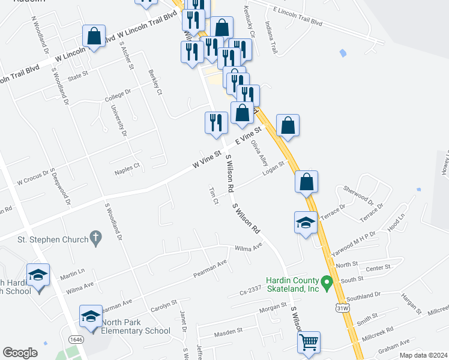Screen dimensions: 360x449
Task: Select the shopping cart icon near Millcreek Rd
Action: point(309,342)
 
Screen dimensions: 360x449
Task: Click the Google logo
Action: point(20,353)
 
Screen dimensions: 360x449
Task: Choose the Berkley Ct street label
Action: point(155,83)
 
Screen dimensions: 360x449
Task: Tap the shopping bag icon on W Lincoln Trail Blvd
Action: point(94,36)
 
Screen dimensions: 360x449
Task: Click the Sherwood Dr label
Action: point(359,195)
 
